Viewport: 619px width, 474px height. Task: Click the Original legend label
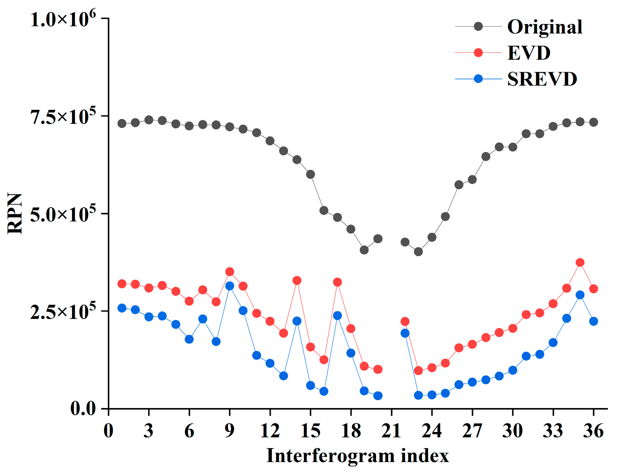(545, 27)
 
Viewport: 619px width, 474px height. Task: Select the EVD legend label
(529, 53)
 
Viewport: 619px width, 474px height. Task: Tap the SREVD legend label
(542, 79)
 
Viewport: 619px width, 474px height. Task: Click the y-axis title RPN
(15, 213)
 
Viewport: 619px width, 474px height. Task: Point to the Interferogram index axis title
(357, 456)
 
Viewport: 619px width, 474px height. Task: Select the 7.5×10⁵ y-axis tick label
(63, 117)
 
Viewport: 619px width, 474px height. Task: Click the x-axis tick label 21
(391, 430)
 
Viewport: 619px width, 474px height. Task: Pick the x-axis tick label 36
(593, 430)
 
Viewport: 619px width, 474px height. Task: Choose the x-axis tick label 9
(230, 430)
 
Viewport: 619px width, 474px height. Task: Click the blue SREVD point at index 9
(230, 286)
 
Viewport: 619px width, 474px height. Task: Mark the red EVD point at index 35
(580, 262)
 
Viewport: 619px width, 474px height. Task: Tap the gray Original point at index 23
(418, 252)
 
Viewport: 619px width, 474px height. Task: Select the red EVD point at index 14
(297, 280)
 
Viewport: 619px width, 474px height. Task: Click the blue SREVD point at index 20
(378, 396)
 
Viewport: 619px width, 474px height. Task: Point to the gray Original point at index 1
(122, 123)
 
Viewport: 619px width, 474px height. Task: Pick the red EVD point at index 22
(405, 321)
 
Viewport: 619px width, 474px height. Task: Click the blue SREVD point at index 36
(593, 321)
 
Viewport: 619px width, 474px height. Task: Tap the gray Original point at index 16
(324, 210)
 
